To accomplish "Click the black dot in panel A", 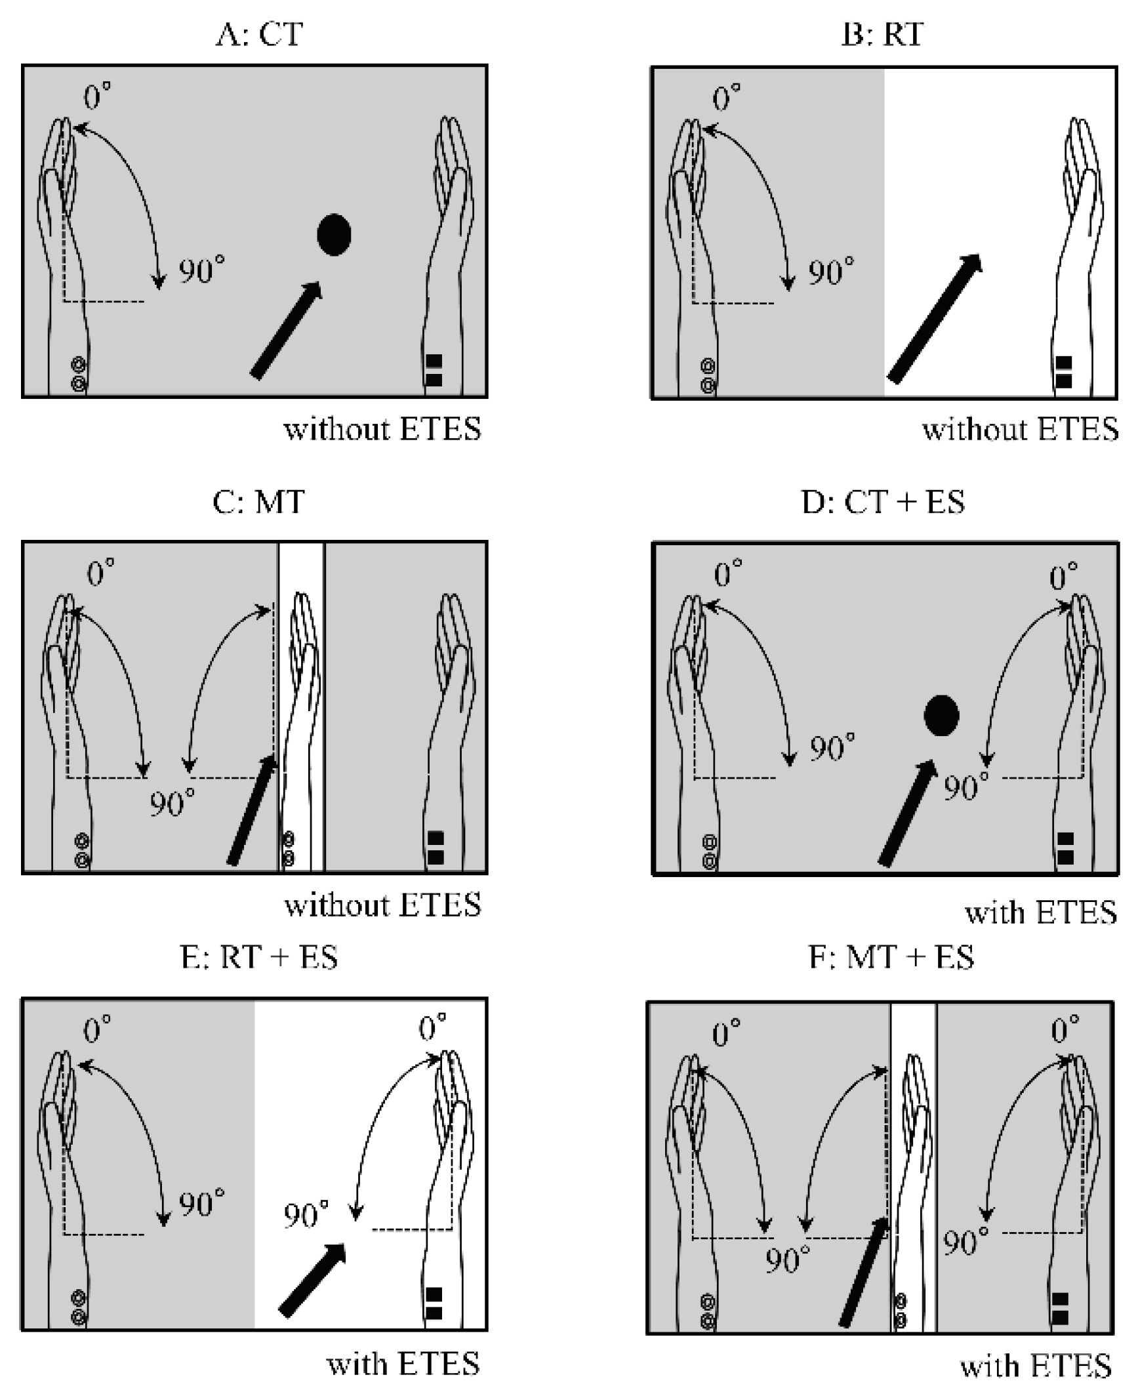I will pyautogui.click(x=334, y=234).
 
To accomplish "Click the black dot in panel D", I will pyautogui.click(x=941, y=715).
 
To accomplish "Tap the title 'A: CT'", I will pyautogui.click(x=259, y=34).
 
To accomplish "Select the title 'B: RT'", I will pyautogui.click(x=883, y=34).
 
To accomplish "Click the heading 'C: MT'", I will pyautogui.click(x=258, y=502).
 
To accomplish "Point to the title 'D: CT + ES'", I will pyautogui.click(x=883, y=502).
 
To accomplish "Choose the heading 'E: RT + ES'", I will pyautogui.click(x=258, y=957).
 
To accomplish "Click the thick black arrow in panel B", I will pyautogui.click(x=935, y=318).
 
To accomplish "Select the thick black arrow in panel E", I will pyautogui.click(x=312, y=1279).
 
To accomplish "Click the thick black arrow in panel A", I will pyautogui.click(x=286, y=330).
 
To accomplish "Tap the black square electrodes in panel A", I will pyautogui.click(x=434, y=370).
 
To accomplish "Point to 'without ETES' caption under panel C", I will pyautogui.click(x=382, y=905).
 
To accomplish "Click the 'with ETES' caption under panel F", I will pyautogui.click(x=1036, y=1367).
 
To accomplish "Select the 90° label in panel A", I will pyautogui.click(x=201, y=270).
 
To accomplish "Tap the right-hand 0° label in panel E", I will pyautogui.click(x=432, y=1027).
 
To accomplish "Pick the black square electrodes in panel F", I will pyautogui.click(x=1060, y=1309).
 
